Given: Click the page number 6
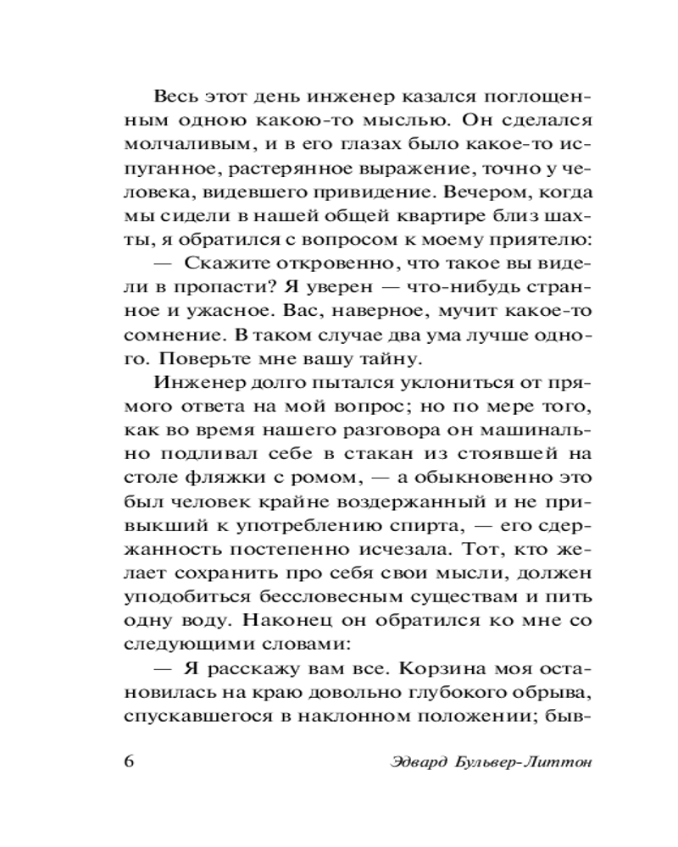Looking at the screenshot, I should (129, 760).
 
